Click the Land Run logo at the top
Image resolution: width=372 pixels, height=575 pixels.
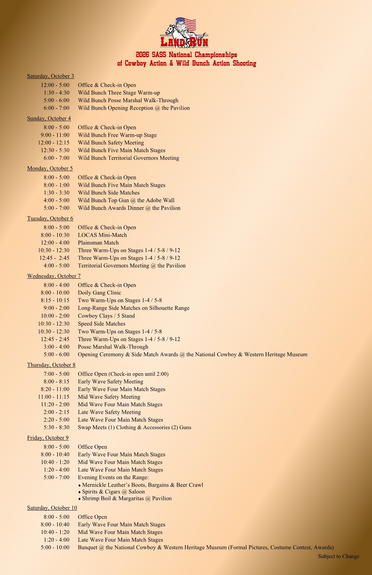click(x=184, y=33)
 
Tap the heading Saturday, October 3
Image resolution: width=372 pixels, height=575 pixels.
click(x=50, y=76)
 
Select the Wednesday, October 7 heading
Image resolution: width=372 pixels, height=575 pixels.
click(x=54, y=276)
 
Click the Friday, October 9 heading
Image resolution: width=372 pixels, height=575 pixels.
click(x=48, y=438)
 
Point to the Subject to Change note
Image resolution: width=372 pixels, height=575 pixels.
click(x=339, y=556)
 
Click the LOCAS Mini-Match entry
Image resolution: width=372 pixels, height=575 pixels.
click(x=102, y=235)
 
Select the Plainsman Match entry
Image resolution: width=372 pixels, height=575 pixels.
click(x=98, y=243)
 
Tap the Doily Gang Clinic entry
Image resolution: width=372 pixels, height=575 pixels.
click(x=99, y=293)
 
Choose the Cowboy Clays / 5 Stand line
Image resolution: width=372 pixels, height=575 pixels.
click(x=106, y=316)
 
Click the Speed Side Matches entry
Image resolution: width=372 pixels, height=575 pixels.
click(x=101, y=324)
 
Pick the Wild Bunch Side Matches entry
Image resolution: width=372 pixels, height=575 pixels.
click(x=108, y=193)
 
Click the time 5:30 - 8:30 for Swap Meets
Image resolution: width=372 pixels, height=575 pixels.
click(x=56, y=427)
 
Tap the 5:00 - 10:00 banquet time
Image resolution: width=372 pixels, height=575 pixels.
click(x=55, y=548)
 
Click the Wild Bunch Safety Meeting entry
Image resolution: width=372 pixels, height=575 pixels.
click(x=111, y=143)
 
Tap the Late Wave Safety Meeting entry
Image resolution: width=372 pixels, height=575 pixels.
click(x=109, y=412)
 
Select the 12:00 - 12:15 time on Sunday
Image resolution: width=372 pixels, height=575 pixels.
click(x=54, y=143)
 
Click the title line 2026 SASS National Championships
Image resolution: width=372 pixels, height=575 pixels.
click(x=186, y=55)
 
